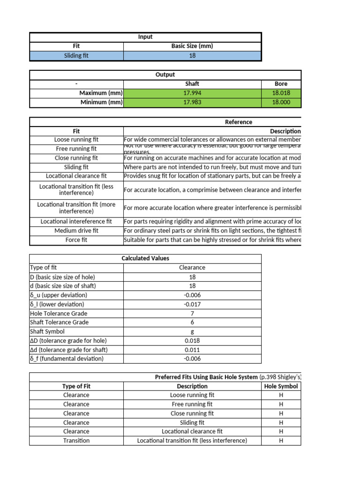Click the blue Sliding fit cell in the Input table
[x=76, y=56]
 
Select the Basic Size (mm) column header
[x=192, y=46]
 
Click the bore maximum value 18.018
[x=281, y=93]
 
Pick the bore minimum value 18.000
[x=281, y=102]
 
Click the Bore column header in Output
[x=281, y=84]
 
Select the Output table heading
[x=165, y=75]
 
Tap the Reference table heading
[x=238, y=122]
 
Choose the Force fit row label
[x=76, y=240]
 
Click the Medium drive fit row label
[x=76, y=231]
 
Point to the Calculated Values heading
[x=145, y=258]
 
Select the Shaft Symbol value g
[x=192, y=331]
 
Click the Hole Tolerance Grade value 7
[x=192, y=313]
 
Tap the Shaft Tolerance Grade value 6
[x=192, y=322]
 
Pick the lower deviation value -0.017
[x=192, y=304]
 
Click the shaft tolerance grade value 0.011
[x=192, y=350]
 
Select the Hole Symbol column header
[x=281, y=386]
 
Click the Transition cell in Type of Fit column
[x=76, y=441]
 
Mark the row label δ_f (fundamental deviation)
[x=67, y=359]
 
